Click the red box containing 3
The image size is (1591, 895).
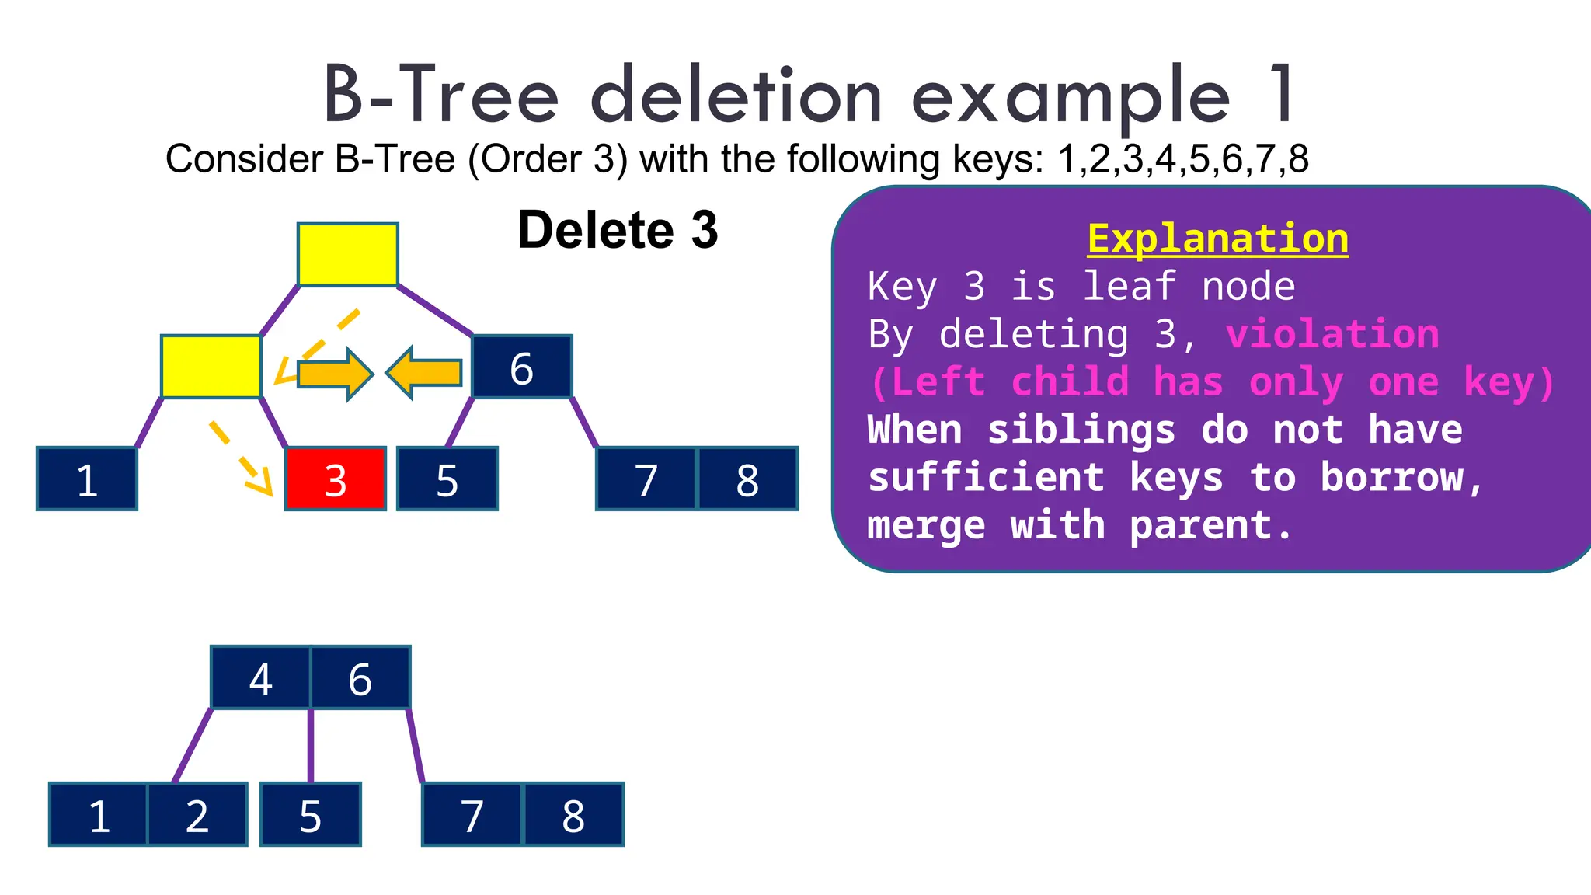336,479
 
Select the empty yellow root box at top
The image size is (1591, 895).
348,255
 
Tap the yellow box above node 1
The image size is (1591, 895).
211,367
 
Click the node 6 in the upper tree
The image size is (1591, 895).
522,367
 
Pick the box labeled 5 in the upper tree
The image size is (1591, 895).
447,479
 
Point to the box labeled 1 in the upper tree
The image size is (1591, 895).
87,479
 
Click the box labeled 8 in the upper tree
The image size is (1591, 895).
747,479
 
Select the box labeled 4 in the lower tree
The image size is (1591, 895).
261,677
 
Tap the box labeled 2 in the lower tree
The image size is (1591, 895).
197,814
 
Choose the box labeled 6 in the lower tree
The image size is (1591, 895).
360,677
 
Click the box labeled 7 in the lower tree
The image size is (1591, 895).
472,814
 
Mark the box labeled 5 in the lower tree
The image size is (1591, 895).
311,814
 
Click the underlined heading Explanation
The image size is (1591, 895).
1217,239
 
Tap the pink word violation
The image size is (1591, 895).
1332,334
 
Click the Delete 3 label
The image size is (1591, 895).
618,230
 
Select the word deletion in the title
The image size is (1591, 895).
736,96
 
